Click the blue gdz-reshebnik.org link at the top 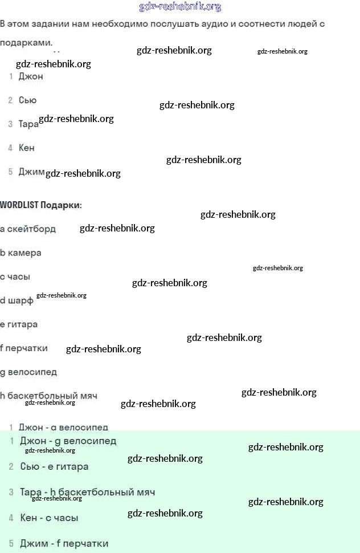[x=180, y=7]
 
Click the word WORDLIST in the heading [x=19, y=205]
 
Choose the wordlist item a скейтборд [x=28, y=229]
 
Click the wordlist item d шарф [x=17, y=300]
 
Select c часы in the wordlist [x=15, y=276]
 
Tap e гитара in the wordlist [x=19, y=324]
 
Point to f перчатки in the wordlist [x=24, y=348]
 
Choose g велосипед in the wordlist [x=28, y=372]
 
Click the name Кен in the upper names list [x=26, y=148]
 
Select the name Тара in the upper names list [x=28, y=124]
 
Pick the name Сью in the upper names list [x=27, y=100]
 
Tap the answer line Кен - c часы [x=49, y=518]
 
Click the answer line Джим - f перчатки [x=64, y=543]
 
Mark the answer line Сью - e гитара [x=54, y=466]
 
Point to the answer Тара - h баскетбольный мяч [x=87, y=492]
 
